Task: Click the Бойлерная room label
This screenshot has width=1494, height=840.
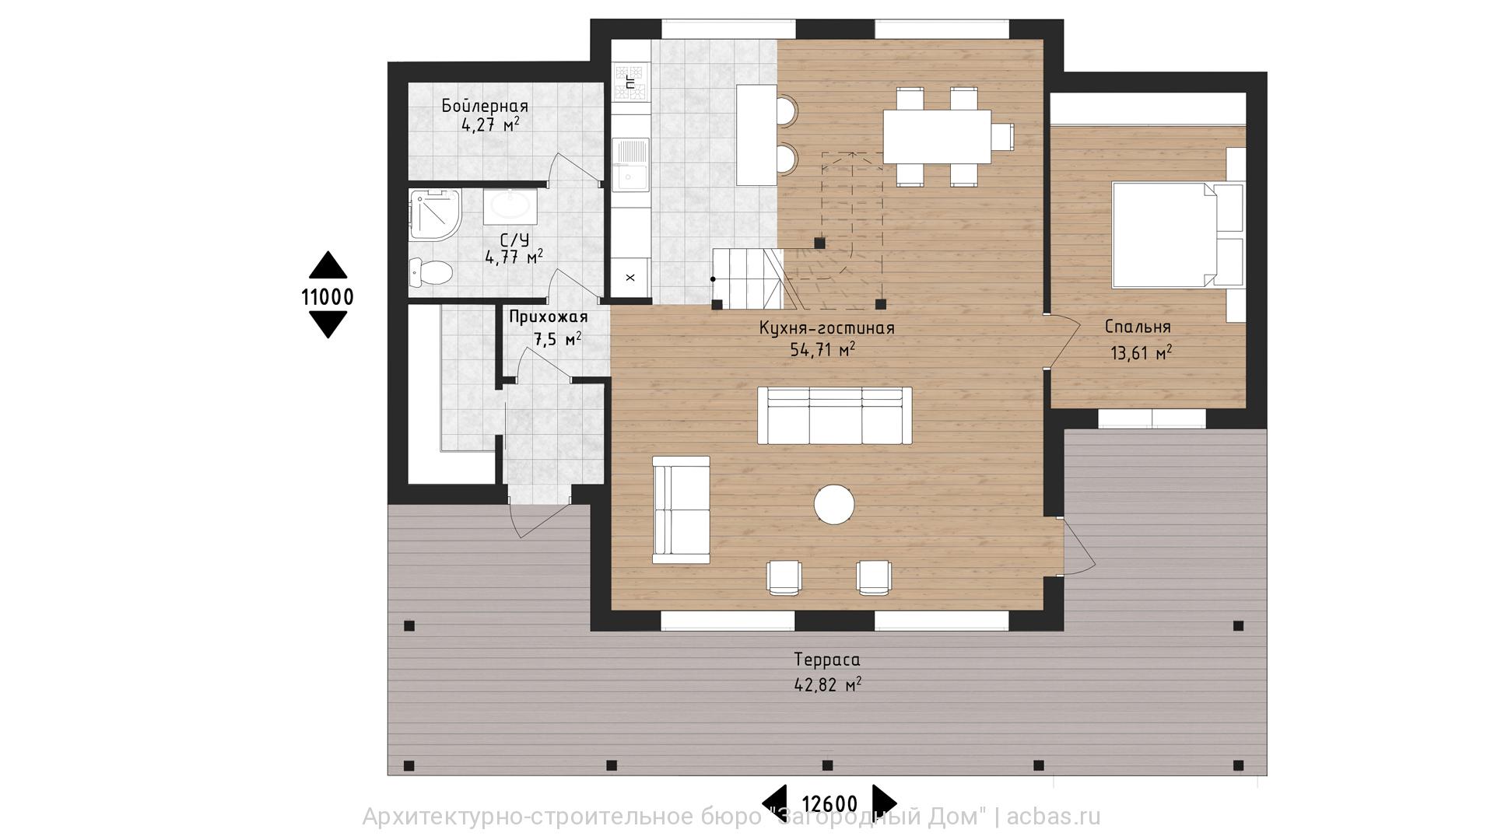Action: [x=485, y=106]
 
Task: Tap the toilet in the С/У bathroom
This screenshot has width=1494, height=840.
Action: [x=430, y=272]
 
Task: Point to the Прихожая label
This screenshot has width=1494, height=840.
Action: [x=549, y=317]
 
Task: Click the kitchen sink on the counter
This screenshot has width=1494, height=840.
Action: [x=630, y=164]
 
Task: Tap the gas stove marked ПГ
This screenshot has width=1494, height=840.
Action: [x=630, y=83]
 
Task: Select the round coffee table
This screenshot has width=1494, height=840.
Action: [x=834, y=504]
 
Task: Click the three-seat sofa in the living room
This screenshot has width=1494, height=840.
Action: [x=834, y=415]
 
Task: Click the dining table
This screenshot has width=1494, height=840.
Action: [x=937, y=137]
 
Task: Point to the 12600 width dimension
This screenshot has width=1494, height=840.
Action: [x=829, y=803]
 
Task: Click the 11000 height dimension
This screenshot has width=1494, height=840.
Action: [x=328, y=296]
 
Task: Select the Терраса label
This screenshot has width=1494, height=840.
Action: [x=827, y=660]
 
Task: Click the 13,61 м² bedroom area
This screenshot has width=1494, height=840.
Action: [x=1142, y=353]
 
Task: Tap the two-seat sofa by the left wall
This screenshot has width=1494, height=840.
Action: [x=681, y=509]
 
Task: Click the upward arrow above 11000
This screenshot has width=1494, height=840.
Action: [x=328, y=264]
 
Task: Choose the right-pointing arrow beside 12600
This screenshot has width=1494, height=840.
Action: [x=885, y=800]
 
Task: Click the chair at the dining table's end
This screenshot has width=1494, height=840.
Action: [x=1003, y=137]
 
